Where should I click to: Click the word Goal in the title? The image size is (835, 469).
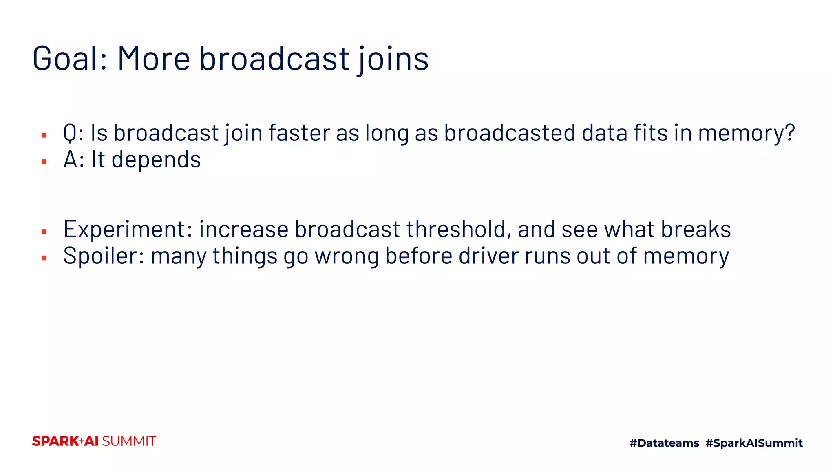pyautogui.click(x=69, y=59)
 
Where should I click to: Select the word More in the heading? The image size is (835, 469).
pyautogui.click(x=154, y=59)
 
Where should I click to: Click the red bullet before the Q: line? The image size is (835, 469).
pyautogui.click(x=44, y=135)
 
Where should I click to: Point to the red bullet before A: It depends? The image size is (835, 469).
pyautogui.click(x=44, y=162)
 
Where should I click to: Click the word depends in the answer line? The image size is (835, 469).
pyautogui.click(x=156, y=159)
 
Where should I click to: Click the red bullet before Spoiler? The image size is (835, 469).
pyautogui.click(x=44, y=258)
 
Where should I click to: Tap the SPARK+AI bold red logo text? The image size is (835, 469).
pyautogui.click(x=65, y=441)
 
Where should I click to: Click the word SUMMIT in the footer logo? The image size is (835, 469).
pyautogui.click(x=129, y=441)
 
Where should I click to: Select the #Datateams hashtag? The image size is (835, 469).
pyautogui.click(x=664, y=443)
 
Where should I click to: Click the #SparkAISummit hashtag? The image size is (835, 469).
pyautogui.click(x=754, y=443)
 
